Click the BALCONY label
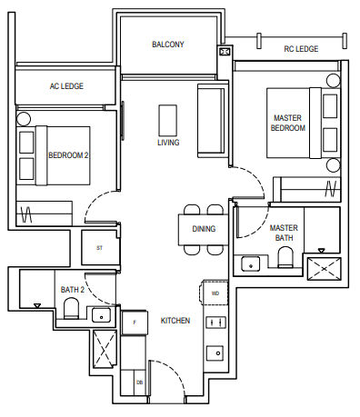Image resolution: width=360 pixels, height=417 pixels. tap(168, 44)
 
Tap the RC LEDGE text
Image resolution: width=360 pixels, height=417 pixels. tap(301, 49)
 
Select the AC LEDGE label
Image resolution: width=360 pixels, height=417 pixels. tap(66, 85)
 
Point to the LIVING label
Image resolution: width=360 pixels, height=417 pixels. tap(168, 143)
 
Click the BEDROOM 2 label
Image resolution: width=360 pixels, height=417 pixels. tap(68, 155)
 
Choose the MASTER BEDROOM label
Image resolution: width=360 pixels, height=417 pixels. tap(288, 124)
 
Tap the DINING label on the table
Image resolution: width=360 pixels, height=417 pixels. tap(204, 229)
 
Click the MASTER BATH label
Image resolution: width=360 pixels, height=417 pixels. tap(285, 233)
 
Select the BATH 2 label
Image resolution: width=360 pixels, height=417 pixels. tap(72, 290)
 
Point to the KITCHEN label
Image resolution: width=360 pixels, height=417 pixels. tap(175, 321)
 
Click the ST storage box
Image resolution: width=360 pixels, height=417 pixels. tap(99, 247)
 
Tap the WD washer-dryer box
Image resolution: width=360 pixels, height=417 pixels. tap(215, 294)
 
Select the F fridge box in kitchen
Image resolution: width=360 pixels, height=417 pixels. tap(135, 322)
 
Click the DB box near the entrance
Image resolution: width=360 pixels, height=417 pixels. tap(139, 383)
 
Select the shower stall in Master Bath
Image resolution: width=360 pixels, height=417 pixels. tap(324, 270)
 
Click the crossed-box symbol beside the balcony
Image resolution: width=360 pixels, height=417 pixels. tap(225, 53)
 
